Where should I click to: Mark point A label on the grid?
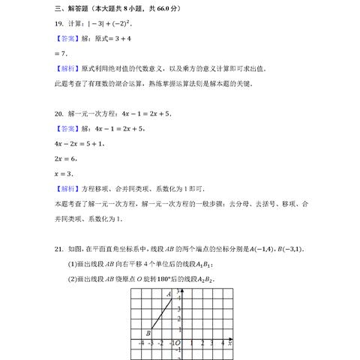(x=169, y=294)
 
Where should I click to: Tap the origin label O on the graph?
(x=178, y=343)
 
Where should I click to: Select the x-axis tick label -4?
(x=141, y=343)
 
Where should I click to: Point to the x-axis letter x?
(x=230, y=342)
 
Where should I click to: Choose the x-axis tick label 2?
(x=202, y=343)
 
